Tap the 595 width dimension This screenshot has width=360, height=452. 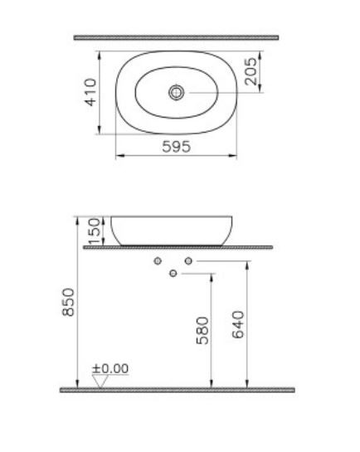coord(176,146)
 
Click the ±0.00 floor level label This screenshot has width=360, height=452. coord(110,367)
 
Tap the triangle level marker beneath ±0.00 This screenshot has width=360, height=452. coord(101,381)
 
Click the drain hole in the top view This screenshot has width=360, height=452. coord(176,93)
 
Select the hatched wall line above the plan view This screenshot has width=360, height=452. coord(176,37)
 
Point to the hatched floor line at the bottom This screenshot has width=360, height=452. coord(176,389)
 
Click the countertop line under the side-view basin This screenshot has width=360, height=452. coord(178,247)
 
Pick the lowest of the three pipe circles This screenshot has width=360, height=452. coord(173,274)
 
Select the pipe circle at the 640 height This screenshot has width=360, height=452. coord(188,262)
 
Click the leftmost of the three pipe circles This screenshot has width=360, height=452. coord(157,262)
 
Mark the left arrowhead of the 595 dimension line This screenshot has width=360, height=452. coord(117,156)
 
